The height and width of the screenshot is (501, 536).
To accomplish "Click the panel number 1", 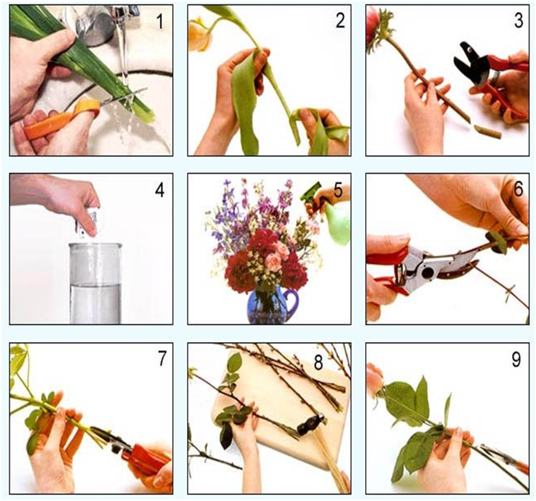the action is (160, 22).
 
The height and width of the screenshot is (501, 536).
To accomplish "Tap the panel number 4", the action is (160, 190).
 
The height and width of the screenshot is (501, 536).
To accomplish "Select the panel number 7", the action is (162, 358).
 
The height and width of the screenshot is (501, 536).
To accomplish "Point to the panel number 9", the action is (516, 359).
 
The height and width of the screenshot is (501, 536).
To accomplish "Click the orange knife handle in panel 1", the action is (62, 119).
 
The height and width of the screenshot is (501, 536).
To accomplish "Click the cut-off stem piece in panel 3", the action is (487, 131).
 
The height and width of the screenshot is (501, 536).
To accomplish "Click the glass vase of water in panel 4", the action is (95, 284).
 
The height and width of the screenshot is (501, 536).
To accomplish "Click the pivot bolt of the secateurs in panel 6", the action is (427, 272).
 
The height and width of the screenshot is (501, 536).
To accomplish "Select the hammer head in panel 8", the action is (310, 425).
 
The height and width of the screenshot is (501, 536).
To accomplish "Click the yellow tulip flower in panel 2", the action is (200, 35).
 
